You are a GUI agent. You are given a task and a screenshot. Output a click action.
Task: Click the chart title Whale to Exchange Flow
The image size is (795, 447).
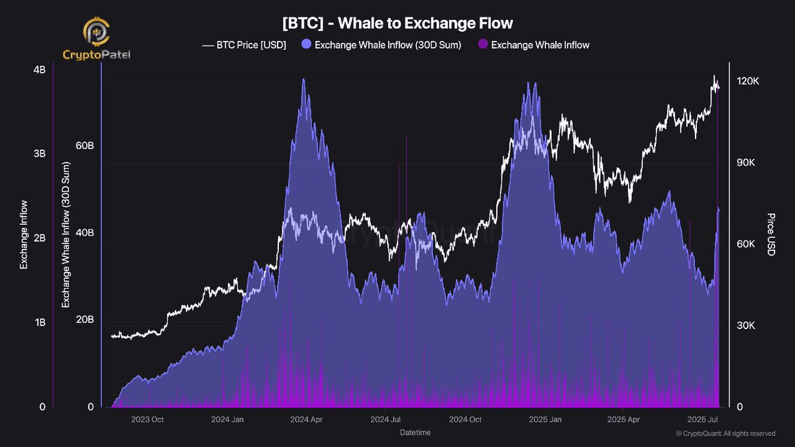pyautogui.click(x=397, y=24)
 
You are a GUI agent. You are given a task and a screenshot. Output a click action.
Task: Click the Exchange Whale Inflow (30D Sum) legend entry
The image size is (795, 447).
pyautogui.click(x=382, y=45)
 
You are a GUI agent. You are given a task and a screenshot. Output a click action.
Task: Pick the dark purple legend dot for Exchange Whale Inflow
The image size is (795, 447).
pyautogui.click(x=482, y=45)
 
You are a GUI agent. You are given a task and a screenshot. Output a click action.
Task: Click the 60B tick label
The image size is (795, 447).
pyautogui.click(x=83, y=146)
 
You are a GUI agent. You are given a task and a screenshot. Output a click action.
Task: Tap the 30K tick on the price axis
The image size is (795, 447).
pyautogui.click(x=747, y=325)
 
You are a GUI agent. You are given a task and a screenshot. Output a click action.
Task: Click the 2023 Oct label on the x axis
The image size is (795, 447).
pyautogui.click(x=147, y=419)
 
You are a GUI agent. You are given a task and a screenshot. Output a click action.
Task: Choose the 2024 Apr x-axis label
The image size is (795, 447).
pyautogui.click(x=307, y=419)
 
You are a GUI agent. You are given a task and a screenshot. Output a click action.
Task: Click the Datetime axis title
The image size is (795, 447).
pyautogui.click(x=415, y=432)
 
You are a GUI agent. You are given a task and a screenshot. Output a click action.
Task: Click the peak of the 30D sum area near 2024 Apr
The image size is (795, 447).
pyautogui.click(x=303, y=79)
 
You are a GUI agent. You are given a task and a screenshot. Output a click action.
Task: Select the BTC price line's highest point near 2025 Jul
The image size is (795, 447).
pyautogui.click(x=714, y=76)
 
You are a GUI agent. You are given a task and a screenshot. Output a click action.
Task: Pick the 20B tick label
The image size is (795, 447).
pyautogui.click(x=83, y=320)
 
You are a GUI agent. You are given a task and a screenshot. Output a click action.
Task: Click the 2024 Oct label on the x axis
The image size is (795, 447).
pyautogui.click(x=466, y=419)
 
